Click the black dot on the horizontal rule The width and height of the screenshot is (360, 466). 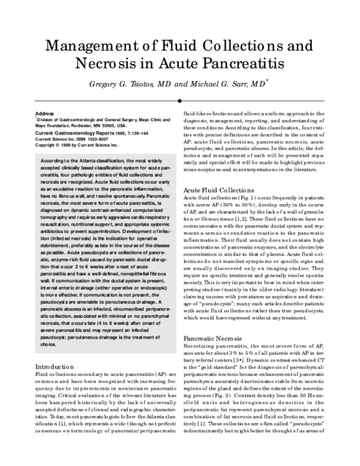point(179,101)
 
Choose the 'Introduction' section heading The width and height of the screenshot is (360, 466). point(55,366)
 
